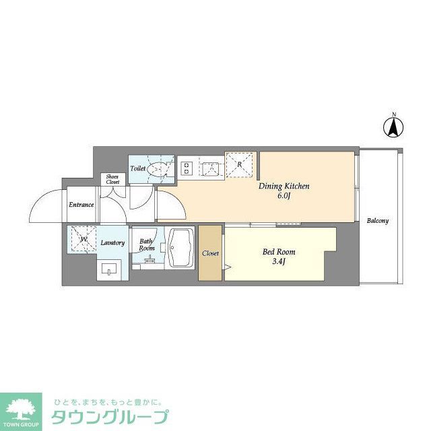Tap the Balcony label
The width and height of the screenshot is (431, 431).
pos(378,220)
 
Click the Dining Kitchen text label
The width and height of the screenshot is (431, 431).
pos(284,187)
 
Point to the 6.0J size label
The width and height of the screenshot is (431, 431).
pos(283,196)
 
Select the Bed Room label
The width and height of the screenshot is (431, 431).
pos(279,252)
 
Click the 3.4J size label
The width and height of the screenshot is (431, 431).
pos(279,261)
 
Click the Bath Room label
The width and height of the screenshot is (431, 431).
pos(146,244)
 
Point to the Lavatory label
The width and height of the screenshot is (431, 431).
pos(112,242)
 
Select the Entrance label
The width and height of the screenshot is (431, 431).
pos(81,205)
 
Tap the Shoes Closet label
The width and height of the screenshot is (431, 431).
pos(112,180)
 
